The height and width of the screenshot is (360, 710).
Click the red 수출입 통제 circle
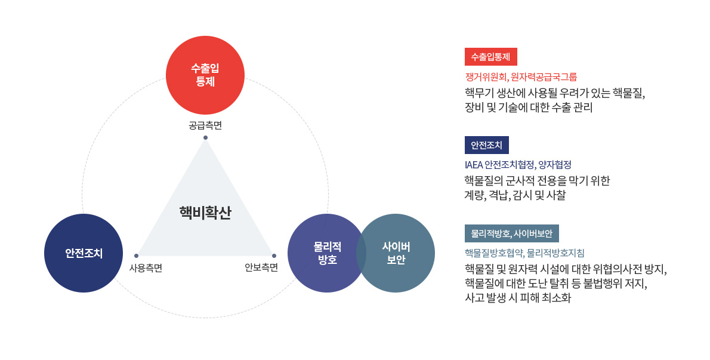tap(205, 75)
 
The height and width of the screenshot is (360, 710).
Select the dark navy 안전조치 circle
tap(84, 253)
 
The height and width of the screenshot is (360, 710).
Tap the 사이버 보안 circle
tap(396, 253)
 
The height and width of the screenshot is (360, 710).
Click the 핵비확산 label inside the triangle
tap(205, 213)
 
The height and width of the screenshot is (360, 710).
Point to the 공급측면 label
tap(205, 125)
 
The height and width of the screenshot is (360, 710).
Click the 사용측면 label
tap(146, 268)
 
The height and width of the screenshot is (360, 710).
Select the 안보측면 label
tap(261, 267)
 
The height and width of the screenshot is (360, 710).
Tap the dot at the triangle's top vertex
tap(205, 138)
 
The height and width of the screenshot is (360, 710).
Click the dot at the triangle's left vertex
tap(136, 256)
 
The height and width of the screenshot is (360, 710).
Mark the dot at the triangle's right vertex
tap(274, 256)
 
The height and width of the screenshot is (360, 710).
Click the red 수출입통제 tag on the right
tap(491, 57)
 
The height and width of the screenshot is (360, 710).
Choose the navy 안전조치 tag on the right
tap(487, 145)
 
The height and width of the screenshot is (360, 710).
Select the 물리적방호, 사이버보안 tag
tap(512, 233)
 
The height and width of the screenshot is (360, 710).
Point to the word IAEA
tap(474, 165)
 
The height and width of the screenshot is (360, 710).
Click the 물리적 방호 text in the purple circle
tap(328, 253)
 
